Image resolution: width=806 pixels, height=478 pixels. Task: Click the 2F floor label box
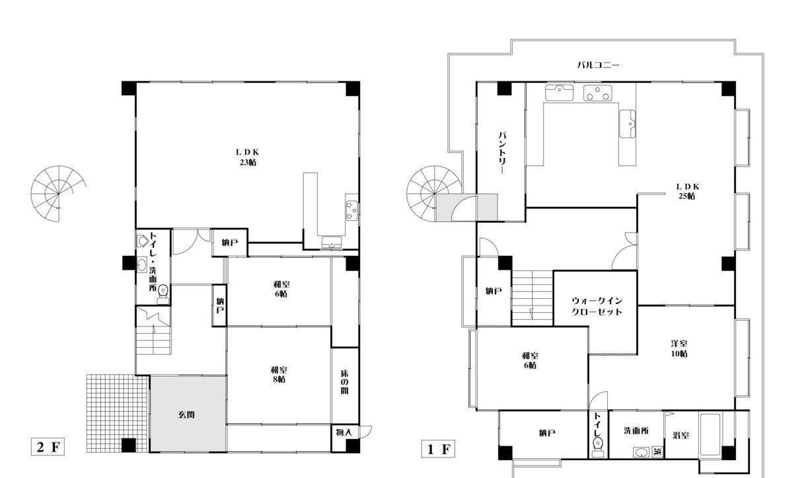(x=48, y=447)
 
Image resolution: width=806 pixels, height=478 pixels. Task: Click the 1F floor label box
(x=438, y=449)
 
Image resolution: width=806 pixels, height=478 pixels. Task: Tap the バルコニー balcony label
(x=598, y=65)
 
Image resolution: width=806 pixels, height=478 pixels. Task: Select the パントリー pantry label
(x=502, y=153)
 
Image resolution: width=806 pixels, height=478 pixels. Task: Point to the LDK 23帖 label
(x=248, y=157)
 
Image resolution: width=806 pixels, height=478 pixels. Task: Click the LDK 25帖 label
(x=687, y=191)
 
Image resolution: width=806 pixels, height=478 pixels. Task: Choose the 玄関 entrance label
(x=186, y=415)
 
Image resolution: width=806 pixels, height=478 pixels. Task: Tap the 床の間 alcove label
(x=344, y=382)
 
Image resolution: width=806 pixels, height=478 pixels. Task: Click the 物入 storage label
(x=344, y=432)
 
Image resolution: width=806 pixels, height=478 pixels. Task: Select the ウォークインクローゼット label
(x=597, y=306)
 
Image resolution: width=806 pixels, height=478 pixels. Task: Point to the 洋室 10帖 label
(x=679, y=348)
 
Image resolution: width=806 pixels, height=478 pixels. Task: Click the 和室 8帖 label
(x=279, y=375)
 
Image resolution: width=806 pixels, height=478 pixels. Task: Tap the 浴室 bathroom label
(x=681, y=435)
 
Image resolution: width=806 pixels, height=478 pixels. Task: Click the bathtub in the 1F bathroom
(x=710, y=434)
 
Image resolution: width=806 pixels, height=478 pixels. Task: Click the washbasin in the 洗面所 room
(x=641, y=452)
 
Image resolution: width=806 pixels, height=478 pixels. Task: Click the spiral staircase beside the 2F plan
(x=58, y=194)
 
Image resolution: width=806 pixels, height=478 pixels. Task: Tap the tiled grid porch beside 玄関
(x=118, y=413)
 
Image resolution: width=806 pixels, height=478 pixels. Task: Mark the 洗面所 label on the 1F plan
(x=636, y=430)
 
